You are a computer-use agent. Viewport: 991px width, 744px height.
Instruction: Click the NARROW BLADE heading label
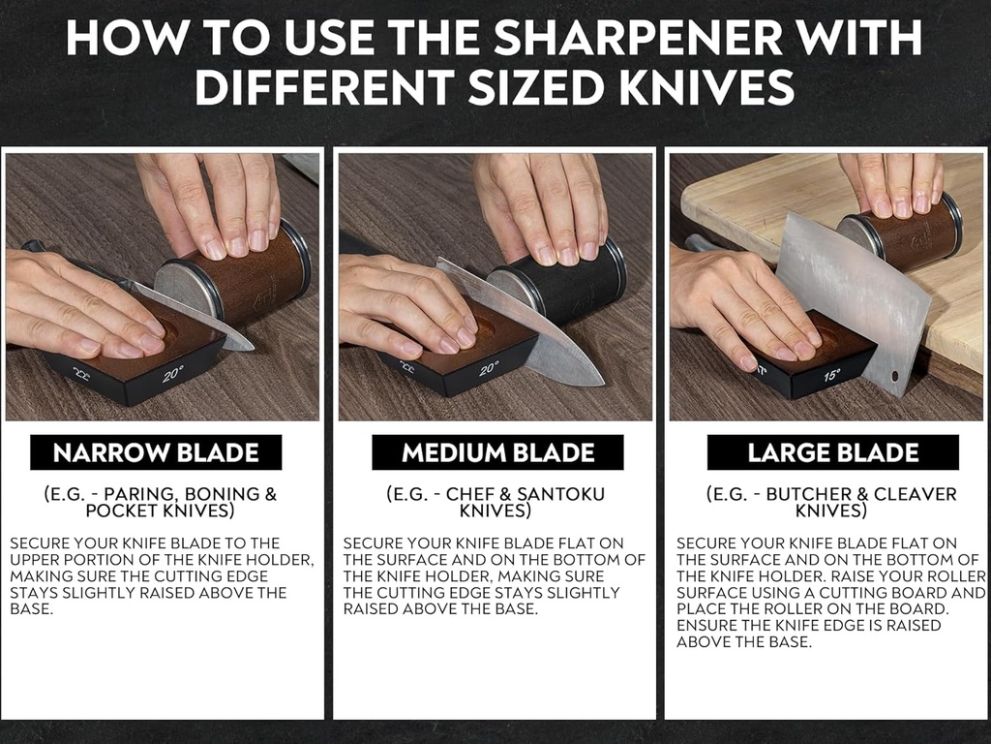click(x=156, y=452)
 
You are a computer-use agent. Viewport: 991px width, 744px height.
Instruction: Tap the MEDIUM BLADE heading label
click(x=497, y=452)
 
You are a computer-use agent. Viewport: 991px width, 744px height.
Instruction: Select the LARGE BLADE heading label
click(x=832, y=452)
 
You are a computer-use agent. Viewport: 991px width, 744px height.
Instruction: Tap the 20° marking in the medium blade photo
click(x=489, y=369)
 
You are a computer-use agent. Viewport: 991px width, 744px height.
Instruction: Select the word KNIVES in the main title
click(x=693, y=88)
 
